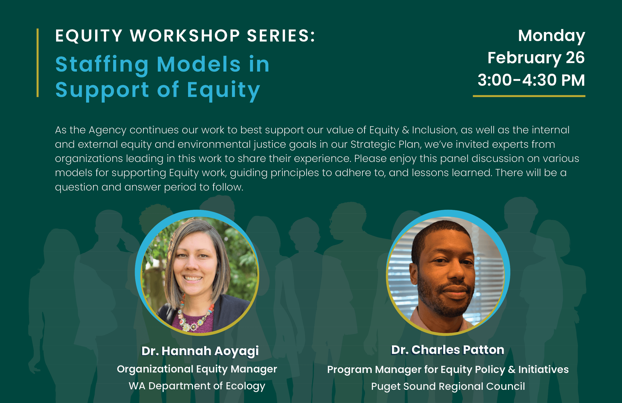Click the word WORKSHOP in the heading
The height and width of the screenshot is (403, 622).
click(185, 36)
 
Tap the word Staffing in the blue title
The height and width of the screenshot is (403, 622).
click(102, 64)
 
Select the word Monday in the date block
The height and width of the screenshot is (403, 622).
click(552, 36)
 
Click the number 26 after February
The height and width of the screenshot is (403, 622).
click(575, 58)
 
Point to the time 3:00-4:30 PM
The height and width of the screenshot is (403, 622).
click(531, 80)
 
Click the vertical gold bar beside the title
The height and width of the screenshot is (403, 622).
click(38, 63)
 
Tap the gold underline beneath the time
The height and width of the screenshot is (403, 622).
click(529, 96)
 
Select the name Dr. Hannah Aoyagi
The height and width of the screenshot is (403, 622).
click(200, 351)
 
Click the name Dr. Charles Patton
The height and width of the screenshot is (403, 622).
click(447, 350)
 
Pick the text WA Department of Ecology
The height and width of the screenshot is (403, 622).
click(197, 386)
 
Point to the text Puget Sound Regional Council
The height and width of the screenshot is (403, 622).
click(448, 386)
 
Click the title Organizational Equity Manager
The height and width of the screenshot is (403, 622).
click(197, 369)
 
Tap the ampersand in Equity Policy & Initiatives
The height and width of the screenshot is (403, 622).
click(512, 370)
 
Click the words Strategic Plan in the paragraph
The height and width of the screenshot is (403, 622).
click(386, 144)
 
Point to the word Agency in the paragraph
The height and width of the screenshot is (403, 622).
click(107, 130)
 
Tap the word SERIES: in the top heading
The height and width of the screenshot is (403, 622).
click(281, 36)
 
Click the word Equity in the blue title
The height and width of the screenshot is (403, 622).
click(223, 90)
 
